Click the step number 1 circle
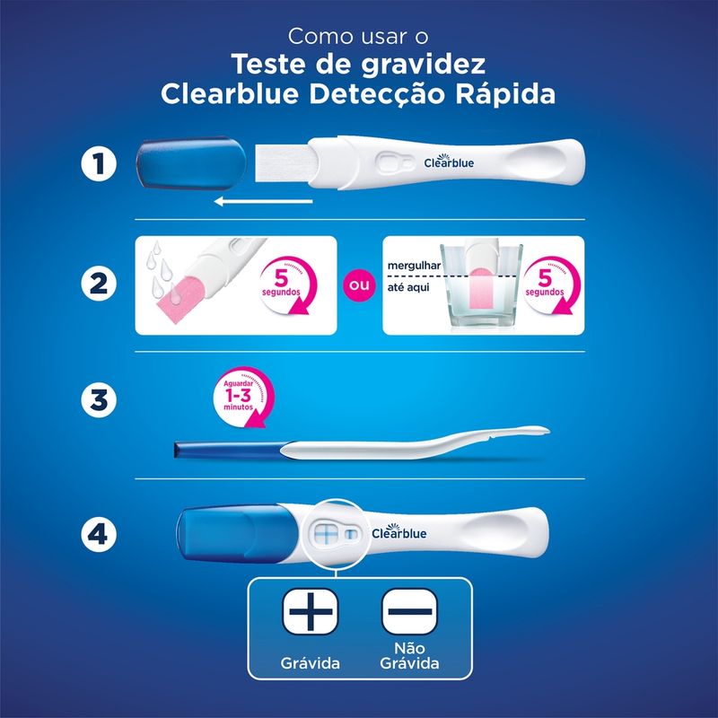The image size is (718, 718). coord(99,163)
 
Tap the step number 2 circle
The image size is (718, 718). coord(99,283)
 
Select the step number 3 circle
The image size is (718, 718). coord(99,399)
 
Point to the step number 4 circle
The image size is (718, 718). coord(99,533)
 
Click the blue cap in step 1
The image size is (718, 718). coord(191,162)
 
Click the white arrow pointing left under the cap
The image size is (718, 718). coord(263,201)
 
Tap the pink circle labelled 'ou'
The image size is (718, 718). coord(359,285)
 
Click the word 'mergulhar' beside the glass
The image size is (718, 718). coord(414,266)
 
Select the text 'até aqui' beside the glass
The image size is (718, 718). coord(408,287)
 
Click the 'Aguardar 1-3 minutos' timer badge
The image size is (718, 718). coord(242,397)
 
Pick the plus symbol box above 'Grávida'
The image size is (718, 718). coord(311,611)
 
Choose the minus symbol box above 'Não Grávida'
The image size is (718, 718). coord(410,611)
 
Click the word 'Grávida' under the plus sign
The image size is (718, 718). coord(310,663)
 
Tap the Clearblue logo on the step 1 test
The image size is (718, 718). coord(449,162)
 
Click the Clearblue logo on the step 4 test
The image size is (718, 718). coord(398,531)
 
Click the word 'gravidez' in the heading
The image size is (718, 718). coord(423,65)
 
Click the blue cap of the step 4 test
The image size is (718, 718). coord(237,534)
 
